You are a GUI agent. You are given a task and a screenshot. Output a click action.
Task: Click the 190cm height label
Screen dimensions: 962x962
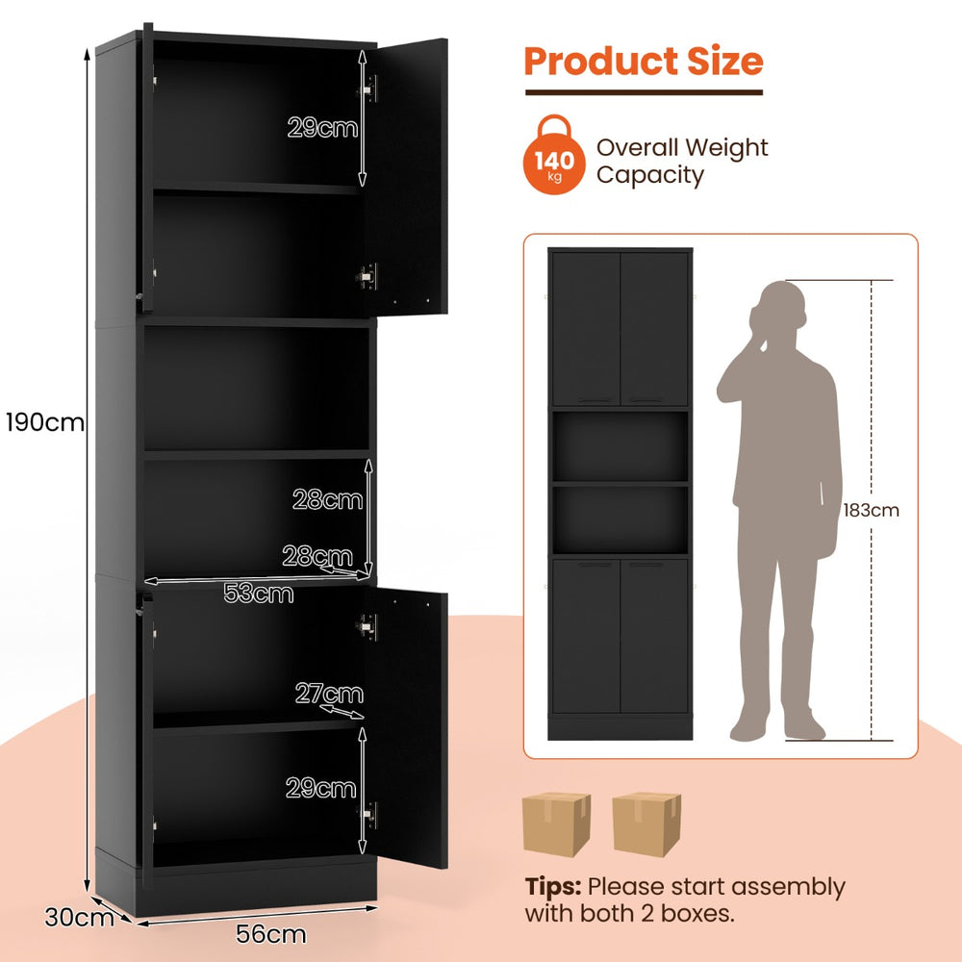click(x=44, y=421)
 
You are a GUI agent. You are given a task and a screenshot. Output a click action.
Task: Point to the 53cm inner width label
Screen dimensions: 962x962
click(x=258, y=594)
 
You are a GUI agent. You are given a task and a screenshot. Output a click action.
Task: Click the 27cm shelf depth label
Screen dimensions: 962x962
click(x=329, y=694)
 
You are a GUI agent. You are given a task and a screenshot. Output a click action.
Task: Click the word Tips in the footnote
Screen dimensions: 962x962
click(x=553, y=886)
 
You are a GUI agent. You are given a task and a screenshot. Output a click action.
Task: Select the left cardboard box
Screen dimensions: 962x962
click(x=556, y=824)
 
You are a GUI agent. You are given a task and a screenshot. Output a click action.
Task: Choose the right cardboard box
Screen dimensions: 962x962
click(x=646, y=824)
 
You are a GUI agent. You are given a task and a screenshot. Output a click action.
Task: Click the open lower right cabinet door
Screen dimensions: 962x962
click(x=410, y=731)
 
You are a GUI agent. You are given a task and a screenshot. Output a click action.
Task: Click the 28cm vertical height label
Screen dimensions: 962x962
click(x=328, y=499)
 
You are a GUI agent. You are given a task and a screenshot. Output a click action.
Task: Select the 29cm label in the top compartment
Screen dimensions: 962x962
click(x=322, y=127)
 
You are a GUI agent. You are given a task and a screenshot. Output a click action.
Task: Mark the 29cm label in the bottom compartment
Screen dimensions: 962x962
click(x=320, y=789)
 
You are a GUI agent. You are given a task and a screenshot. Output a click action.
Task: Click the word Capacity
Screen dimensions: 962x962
click(x=650, y=175)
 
